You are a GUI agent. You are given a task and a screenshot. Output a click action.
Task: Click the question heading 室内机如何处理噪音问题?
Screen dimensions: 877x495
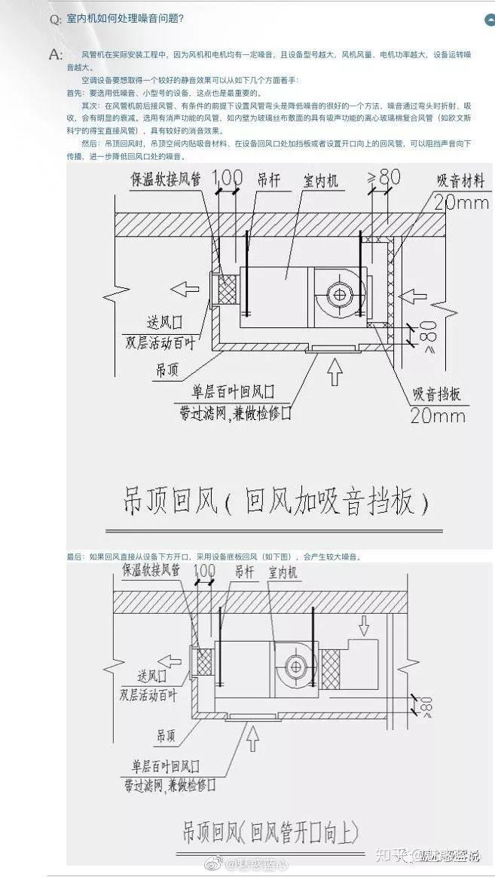(x=124, y=18)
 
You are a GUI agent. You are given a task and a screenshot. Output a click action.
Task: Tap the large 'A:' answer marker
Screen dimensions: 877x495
(x=55, y=54)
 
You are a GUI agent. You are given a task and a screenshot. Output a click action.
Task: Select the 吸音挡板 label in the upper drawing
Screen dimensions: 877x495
(x=437, y=394)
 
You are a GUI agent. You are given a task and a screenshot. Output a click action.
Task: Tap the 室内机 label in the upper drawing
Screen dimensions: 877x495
(x=321, y=181)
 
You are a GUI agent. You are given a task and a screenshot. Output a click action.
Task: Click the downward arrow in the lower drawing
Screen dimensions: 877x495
(x=365, y=625)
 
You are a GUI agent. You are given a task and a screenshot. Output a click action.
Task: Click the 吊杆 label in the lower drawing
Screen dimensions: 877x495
(x=244, y=572)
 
